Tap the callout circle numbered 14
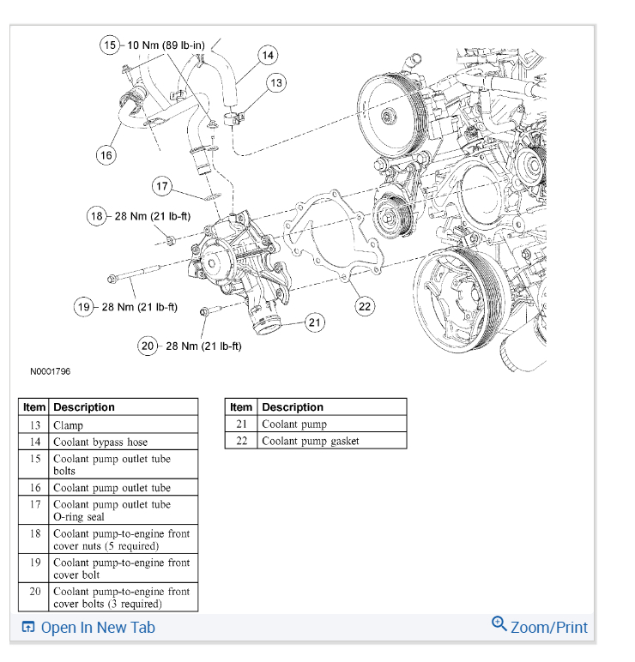coord(268,56)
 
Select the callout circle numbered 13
coord(275,82)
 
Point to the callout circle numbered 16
coord(106,154)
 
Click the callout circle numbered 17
coord(163,186)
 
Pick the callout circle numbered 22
coord(365,306)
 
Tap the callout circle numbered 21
coord(315,322)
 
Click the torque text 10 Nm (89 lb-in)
coord(166,45)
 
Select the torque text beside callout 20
coord(203,346)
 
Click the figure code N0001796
coord(50,372)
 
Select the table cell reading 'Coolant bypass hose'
coord(100,442)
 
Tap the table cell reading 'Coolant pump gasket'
coord(311,441)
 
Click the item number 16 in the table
coord(34,487)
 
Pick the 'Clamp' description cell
coord(69,424)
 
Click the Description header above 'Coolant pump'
coord(293,406)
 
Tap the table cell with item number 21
coord(241,424)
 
